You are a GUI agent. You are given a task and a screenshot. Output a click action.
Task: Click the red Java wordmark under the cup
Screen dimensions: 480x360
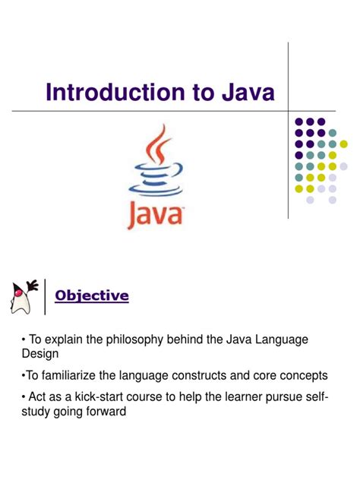[158, 216]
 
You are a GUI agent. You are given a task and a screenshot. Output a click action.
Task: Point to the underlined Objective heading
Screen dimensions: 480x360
[93, 295]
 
